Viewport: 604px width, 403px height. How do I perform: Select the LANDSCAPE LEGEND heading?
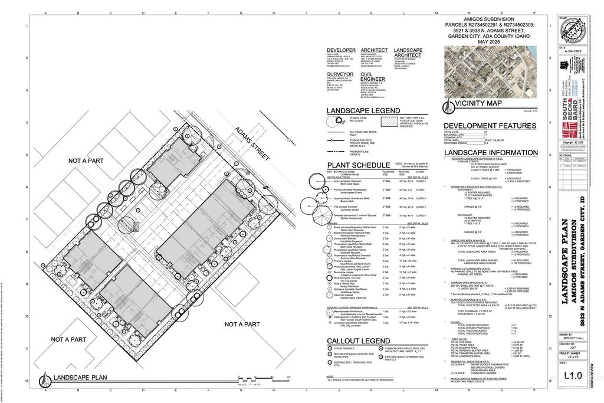363,111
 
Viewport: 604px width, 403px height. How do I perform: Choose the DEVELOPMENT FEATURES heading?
490,126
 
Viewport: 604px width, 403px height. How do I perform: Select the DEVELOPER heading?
342,50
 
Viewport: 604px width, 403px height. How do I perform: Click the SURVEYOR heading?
341,75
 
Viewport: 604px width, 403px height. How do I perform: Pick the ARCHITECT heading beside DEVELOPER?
374,50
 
